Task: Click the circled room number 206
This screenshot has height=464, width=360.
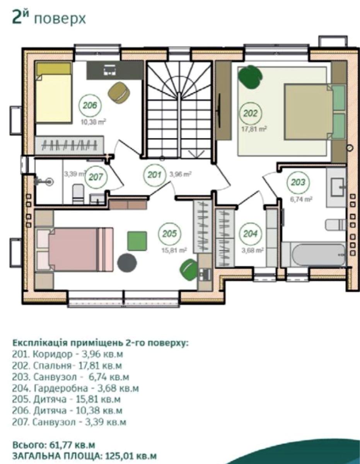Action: [90, 105]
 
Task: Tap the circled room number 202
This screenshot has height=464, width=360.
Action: [250, 113]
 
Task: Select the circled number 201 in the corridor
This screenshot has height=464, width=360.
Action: [154, 175]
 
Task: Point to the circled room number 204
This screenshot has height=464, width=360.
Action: [250, 234]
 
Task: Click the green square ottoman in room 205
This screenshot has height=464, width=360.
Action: [137, 241]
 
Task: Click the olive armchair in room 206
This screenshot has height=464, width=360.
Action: [119, 92]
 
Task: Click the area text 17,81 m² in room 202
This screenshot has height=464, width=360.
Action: [254, 129]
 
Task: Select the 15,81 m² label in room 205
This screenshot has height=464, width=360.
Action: [174, 250]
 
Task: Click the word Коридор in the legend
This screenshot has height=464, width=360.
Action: [52, 354]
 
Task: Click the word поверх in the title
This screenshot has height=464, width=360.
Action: [60, 19]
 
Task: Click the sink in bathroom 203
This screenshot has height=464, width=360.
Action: [337, 188]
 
